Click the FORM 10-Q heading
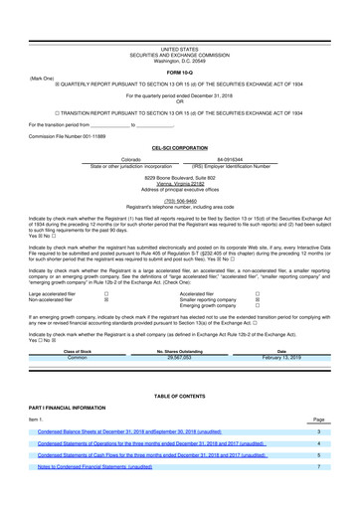point(180,74)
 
